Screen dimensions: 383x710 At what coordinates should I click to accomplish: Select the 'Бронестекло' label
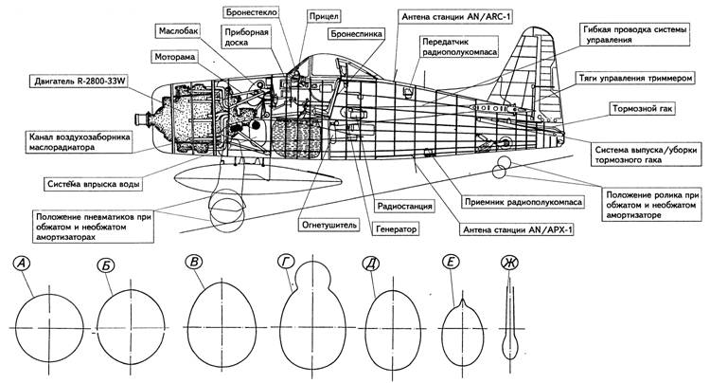pyautogui.click(x=253, y=12)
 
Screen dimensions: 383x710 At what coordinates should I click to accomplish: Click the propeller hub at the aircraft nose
pyautogui.click(x=140, y=121)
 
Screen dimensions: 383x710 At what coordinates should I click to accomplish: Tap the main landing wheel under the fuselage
pyautogui.click(x=227, y=210)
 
